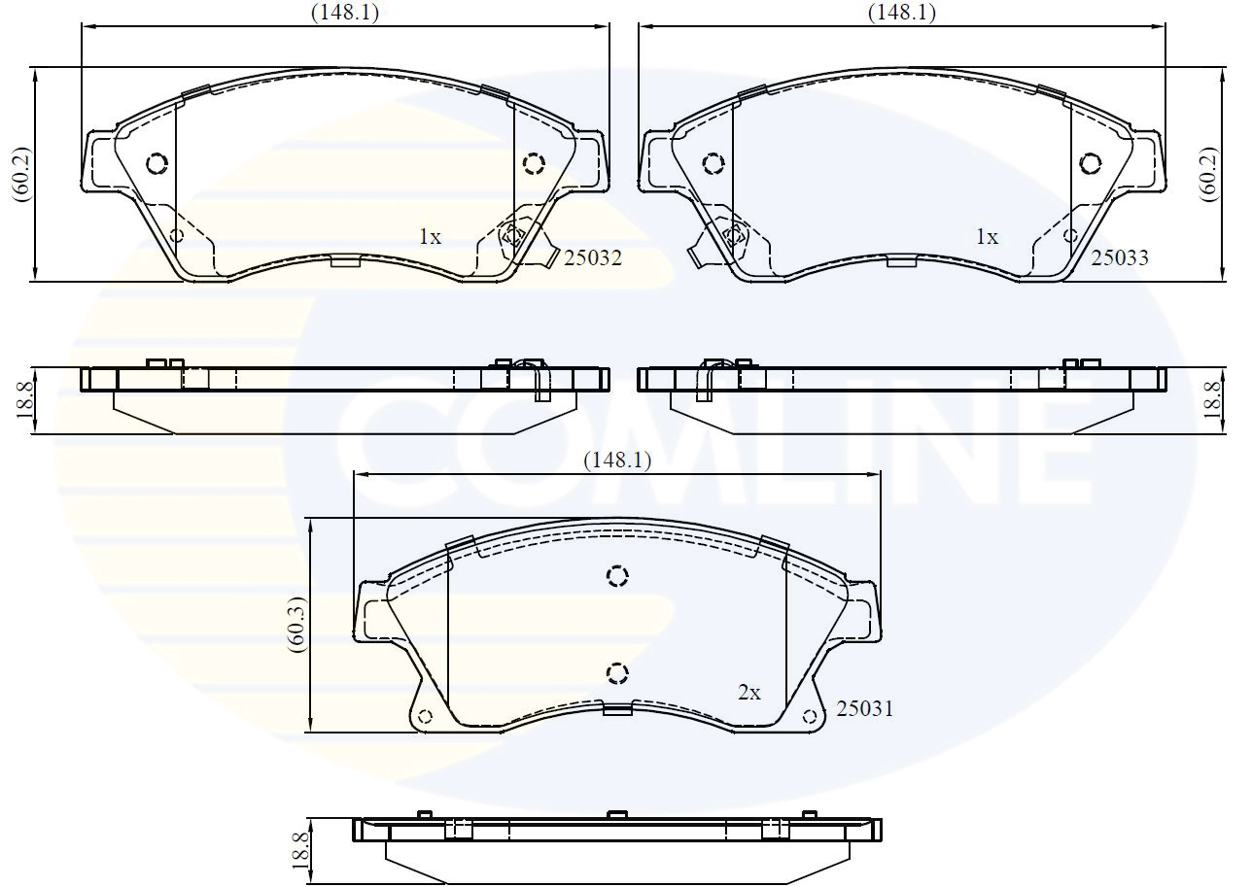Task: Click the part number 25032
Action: (x=593, y=258)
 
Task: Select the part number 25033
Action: (x=1120, y=258)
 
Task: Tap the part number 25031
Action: (x=865, y=709)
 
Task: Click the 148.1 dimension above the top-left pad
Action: (x=345, y=13)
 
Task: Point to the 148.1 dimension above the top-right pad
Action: (x=901, y=13)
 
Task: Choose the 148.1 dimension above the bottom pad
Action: (x=617, y=461)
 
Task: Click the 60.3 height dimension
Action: (x=296, y=625)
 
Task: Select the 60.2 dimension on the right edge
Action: (x=1208, y=175)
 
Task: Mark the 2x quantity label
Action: (x=749, y=693)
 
